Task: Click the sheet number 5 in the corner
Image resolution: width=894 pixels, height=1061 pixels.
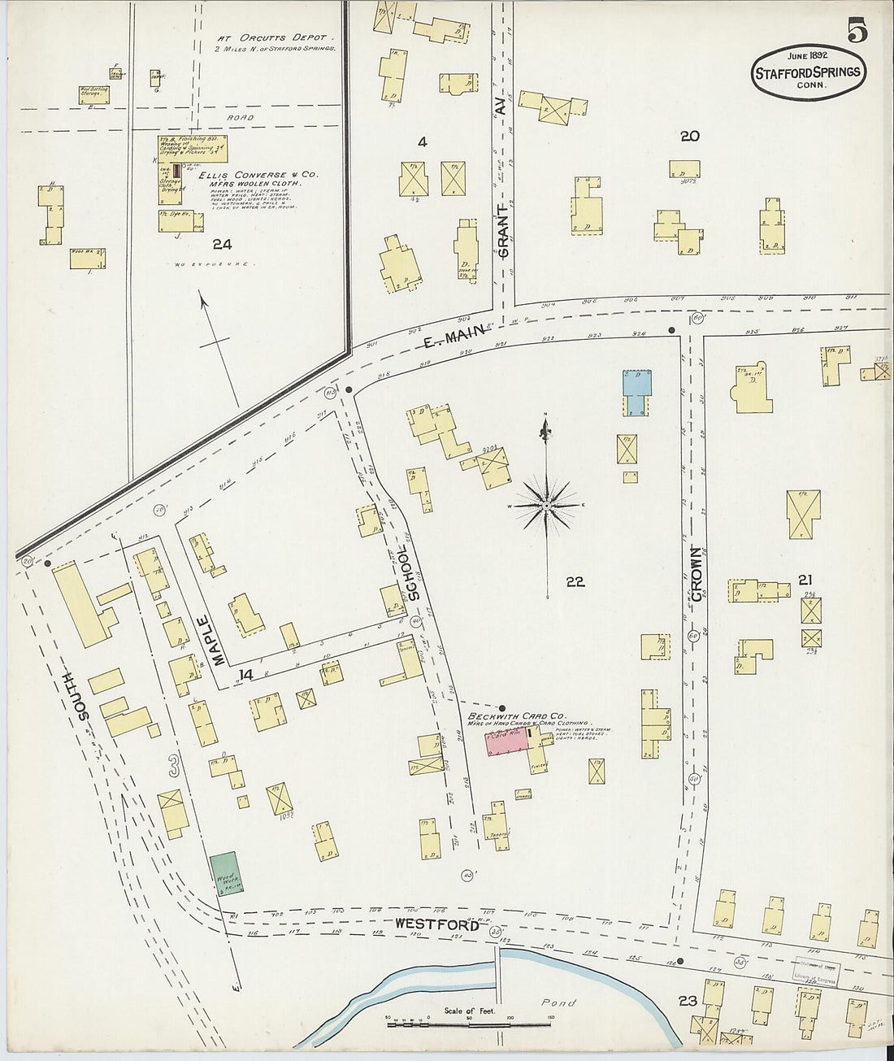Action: pyautogui.click(x=857, y=29)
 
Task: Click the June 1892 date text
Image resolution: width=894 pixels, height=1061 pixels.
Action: pyautogui.click(x=806, y=55)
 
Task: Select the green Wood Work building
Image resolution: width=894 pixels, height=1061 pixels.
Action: pyautogui.click(x=224, y=872)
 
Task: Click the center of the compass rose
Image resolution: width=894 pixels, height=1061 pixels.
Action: pyautogui.click(x=548, y=505)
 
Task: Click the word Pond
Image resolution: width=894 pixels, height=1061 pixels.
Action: pyautogui.click(x=559, y=1002)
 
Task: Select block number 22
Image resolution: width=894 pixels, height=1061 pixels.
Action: pyautogui.click(x=575, y=582)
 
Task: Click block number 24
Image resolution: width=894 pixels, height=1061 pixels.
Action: pyautogui.click(x=222, y=244)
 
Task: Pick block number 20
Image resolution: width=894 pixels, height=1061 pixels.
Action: pyautogui.click(x=689, y=137)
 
